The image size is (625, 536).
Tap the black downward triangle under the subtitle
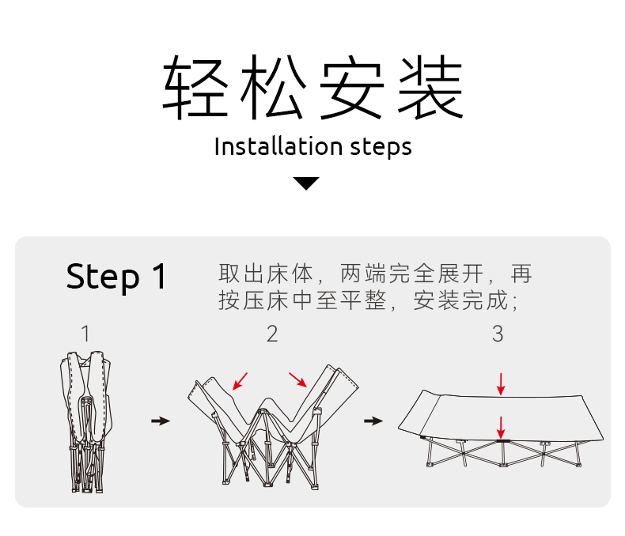[x=307, y=183]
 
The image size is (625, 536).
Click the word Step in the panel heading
[x=102, y=277]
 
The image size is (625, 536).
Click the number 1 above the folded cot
[x=85, y=334]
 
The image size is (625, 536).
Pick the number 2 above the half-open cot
[x=272, y=334]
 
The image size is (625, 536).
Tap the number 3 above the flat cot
[x=498, y=334]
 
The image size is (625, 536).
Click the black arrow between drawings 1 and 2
[x=160, y=421]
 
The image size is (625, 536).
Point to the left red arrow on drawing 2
[x=240, y=381]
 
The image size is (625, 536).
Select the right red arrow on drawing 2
[x=298, y=380]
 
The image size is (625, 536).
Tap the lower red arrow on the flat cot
[x=500, y=428]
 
